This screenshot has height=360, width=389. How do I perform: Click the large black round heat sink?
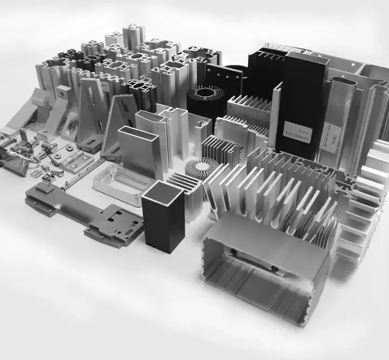pyautogui.click(x=205, y=100)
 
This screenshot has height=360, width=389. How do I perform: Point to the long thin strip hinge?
pyautogui.click(x=84, y=175)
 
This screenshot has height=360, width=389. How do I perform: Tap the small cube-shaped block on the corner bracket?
pyautogui.click(x=64, y=91)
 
